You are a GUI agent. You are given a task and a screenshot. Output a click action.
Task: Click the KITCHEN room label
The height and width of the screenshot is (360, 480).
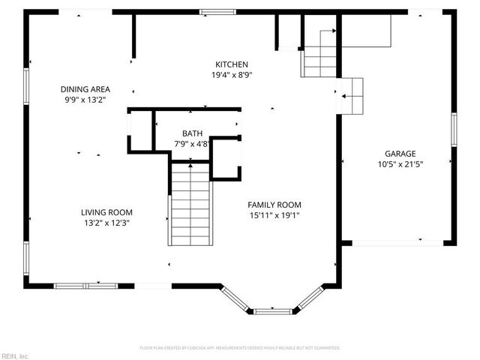[232, 64]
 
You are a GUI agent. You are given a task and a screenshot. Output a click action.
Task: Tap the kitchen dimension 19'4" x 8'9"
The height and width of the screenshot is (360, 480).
[232, 75]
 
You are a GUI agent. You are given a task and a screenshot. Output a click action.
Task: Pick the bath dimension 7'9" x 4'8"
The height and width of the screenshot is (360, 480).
[191, 143]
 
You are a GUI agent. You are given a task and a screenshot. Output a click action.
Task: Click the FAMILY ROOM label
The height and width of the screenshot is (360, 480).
[274, 205]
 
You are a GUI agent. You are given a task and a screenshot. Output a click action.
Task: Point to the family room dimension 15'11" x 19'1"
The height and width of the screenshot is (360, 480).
[274, 215]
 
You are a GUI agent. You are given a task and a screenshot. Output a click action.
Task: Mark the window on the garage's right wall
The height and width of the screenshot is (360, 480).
[453, 128]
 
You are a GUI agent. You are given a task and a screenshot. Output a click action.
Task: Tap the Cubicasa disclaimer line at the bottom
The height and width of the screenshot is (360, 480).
[240, 348]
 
